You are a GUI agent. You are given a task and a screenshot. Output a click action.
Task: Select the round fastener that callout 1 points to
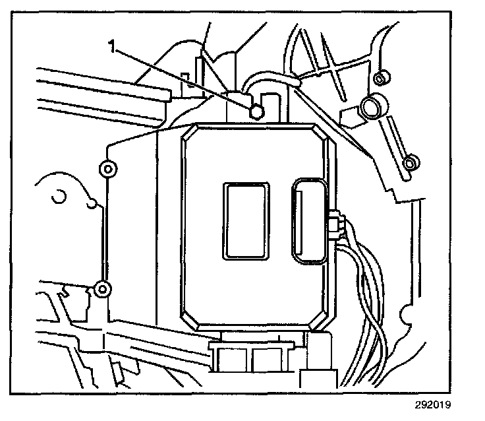click(257, 113)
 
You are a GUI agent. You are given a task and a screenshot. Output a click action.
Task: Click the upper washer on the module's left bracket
click(107, 169)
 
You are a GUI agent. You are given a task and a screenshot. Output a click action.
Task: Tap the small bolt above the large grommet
click(378, 80)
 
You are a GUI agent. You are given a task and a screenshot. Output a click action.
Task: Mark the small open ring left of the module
click(58, 195)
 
